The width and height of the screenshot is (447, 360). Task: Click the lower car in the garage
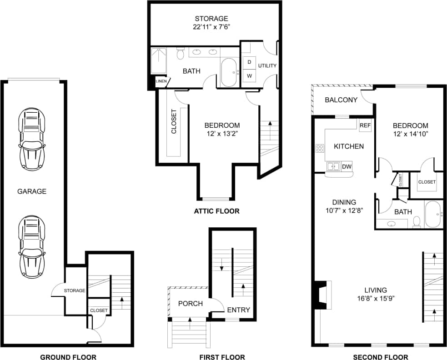tap(31, 246)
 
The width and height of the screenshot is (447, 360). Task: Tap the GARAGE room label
tap(32, 191)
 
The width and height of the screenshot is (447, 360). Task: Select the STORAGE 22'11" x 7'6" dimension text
tap(211, 27)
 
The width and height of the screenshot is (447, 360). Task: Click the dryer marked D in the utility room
tap(249, 61)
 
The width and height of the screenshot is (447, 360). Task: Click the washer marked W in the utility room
tap(249, 75)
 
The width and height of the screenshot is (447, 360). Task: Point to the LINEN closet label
tap(161, 81)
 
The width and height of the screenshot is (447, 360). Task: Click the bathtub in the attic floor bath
tap(229, 73)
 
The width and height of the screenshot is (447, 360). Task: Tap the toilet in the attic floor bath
tap(180, 54)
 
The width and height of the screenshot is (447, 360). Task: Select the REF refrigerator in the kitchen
tap(365, 125)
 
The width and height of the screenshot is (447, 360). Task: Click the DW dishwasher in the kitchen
tap(347, 167)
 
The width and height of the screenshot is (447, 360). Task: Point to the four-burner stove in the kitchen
tap(320, 148)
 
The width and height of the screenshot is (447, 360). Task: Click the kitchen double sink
tap(333, 167)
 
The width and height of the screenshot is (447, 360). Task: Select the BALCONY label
tap(341, 100)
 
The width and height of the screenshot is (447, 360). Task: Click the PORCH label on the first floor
tap(190, 304)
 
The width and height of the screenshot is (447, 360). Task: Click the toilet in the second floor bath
tap(416, 222)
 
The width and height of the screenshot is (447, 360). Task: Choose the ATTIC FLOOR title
tap(216, 211)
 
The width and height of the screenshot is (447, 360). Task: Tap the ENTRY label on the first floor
tap(238, 310)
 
